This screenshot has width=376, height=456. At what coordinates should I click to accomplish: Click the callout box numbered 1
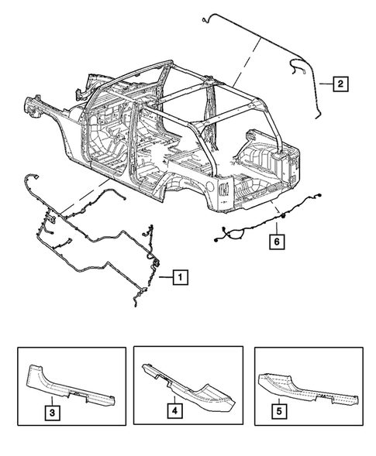click(x=179, y=274)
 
